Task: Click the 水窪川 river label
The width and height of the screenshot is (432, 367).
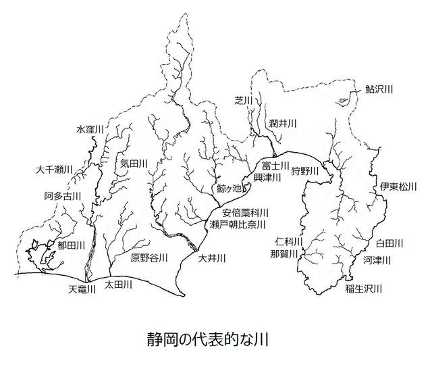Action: (x=90, y=128)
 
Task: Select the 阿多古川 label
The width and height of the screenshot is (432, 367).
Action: (x=62, y=197)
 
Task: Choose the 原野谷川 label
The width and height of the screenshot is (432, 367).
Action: (x=149, y=258)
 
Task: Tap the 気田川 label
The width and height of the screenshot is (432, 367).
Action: (x=134, y=163)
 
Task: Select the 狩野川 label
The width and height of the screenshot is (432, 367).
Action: (x=304, y=172)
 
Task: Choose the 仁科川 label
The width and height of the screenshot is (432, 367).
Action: (x=289, y=241)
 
